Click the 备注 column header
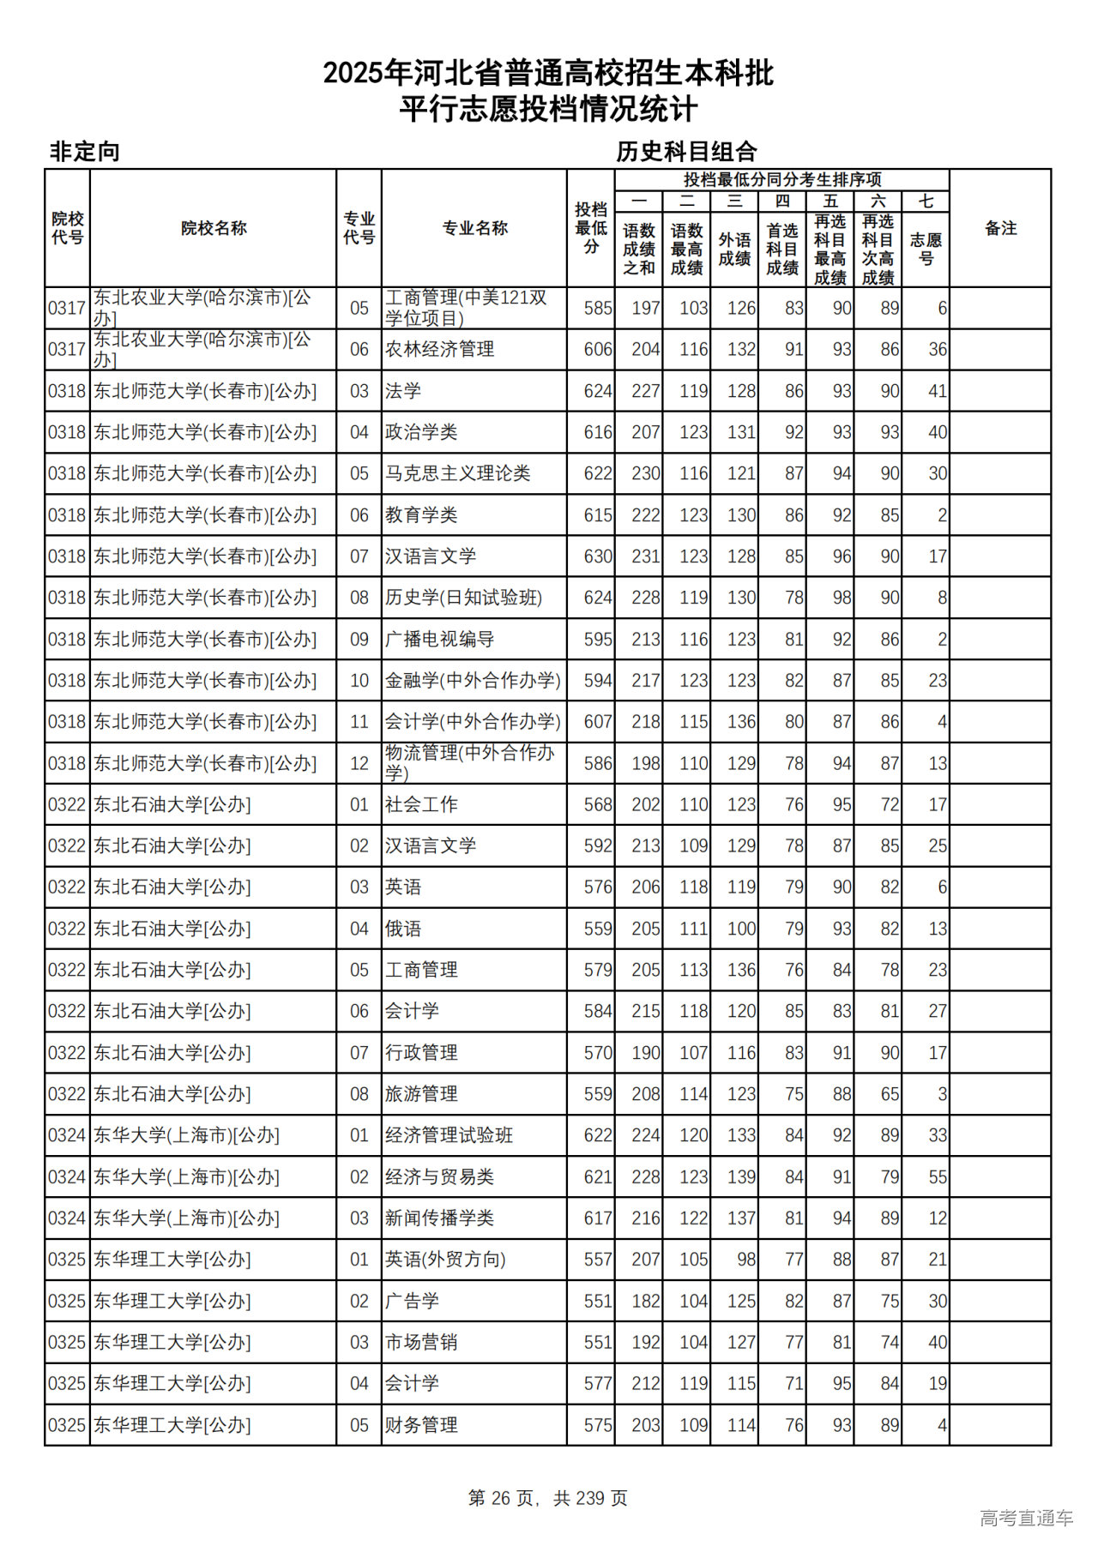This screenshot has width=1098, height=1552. click(1000, 228)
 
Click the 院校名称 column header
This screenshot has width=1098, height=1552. click(214, 228)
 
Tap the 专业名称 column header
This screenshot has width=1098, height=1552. click(474, 228)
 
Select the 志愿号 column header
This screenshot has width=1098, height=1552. click(926, 249)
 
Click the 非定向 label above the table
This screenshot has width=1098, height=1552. click(85, 152)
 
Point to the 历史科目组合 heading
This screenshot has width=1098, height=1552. click(686, 152)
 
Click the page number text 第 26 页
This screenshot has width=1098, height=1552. click(501, 1498)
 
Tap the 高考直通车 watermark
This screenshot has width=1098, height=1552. click(1026, 1518)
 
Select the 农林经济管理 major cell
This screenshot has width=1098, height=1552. click(439, 350)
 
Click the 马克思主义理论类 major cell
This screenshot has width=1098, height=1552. click(457, 473)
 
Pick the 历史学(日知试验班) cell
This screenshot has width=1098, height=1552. click(463, 598)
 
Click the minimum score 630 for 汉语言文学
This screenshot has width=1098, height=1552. click(598, 556)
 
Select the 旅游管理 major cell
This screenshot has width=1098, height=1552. click(421, 1094)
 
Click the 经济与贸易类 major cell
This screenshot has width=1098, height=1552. click(439, 1177)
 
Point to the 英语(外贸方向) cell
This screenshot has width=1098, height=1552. click(445, 1260)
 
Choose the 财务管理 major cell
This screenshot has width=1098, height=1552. click(421, 1425)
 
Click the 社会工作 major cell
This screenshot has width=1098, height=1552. click(421, 804)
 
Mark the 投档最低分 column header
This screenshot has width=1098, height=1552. click(591, 228)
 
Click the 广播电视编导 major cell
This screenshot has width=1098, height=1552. click(439, 640)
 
